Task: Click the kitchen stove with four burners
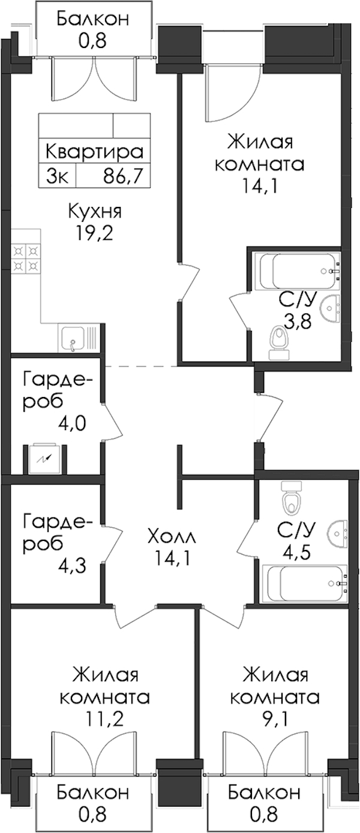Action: coord(26,257)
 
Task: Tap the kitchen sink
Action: coord(79,339)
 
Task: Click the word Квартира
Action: coord(94,152)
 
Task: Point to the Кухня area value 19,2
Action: coord(94,233)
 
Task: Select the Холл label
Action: coord(171,537)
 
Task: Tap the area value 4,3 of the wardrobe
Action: coord(72,566)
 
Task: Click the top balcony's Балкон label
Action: coord(93,19)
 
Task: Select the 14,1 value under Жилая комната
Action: coord(260,186)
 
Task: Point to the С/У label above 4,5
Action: coord(296,529)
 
